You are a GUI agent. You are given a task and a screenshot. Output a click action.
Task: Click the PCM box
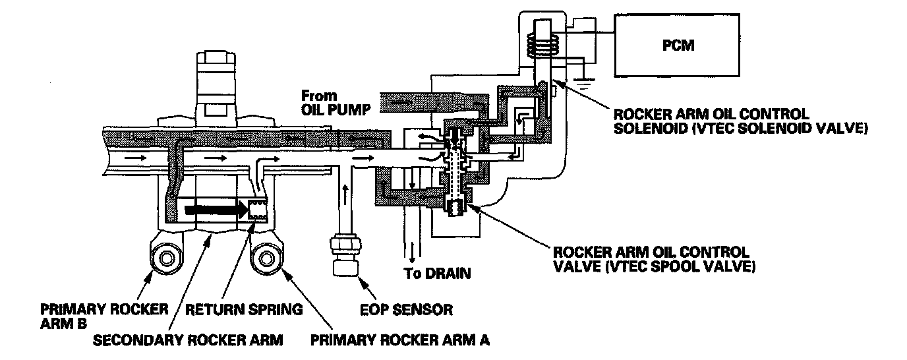point(676,45)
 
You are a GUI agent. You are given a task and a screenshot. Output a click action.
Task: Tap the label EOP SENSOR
point(406,310)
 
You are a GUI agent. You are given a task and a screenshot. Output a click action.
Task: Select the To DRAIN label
point(437,274)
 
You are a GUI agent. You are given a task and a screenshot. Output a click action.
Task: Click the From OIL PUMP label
point(336,103)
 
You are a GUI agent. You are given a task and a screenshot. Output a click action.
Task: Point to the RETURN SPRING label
point(244,310)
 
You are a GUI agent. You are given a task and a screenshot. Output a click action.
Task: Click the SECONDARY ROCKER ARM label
point(188,340)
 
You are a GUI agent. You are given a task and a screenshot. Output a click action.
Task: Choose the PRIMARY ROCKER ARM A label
point(400,340)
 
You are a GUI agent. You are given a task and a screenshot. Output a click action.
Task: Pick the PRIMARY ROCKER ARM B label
point(104,316)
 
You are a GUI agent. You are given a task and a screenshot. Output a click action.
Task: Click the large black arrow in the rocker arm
point(216,210)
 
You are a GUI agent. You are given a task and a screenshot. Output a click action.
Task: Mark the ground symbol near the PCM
point(583,83)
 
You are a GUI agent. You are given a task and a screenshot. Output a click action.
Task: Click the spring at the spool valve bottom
point(456,208)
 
